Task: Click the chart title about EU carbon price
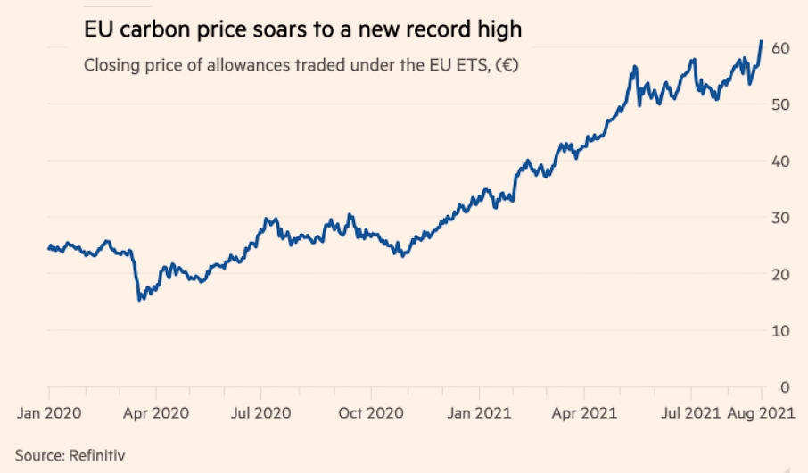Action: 302,30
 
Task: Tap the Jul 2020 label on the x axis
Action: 260,413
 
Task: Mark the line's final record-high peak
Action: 761,41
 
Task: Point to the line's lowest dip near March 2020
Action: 139,300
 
